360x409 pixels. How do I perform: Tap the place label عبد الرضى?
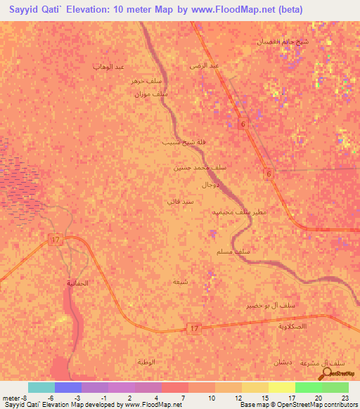pos(205,65)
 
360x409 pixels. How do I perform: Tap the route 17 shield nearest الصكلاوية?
pos(195,329)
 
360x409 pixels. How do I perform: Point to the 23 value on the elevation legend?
pos(345,398)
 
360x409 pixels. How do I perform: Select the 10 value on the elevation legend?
pos(212,398)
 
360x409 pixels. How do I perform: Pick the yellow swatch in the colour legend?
pos(282,387)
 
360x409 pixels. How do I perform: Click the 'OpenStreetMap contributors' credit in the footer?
pos(313,405)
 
